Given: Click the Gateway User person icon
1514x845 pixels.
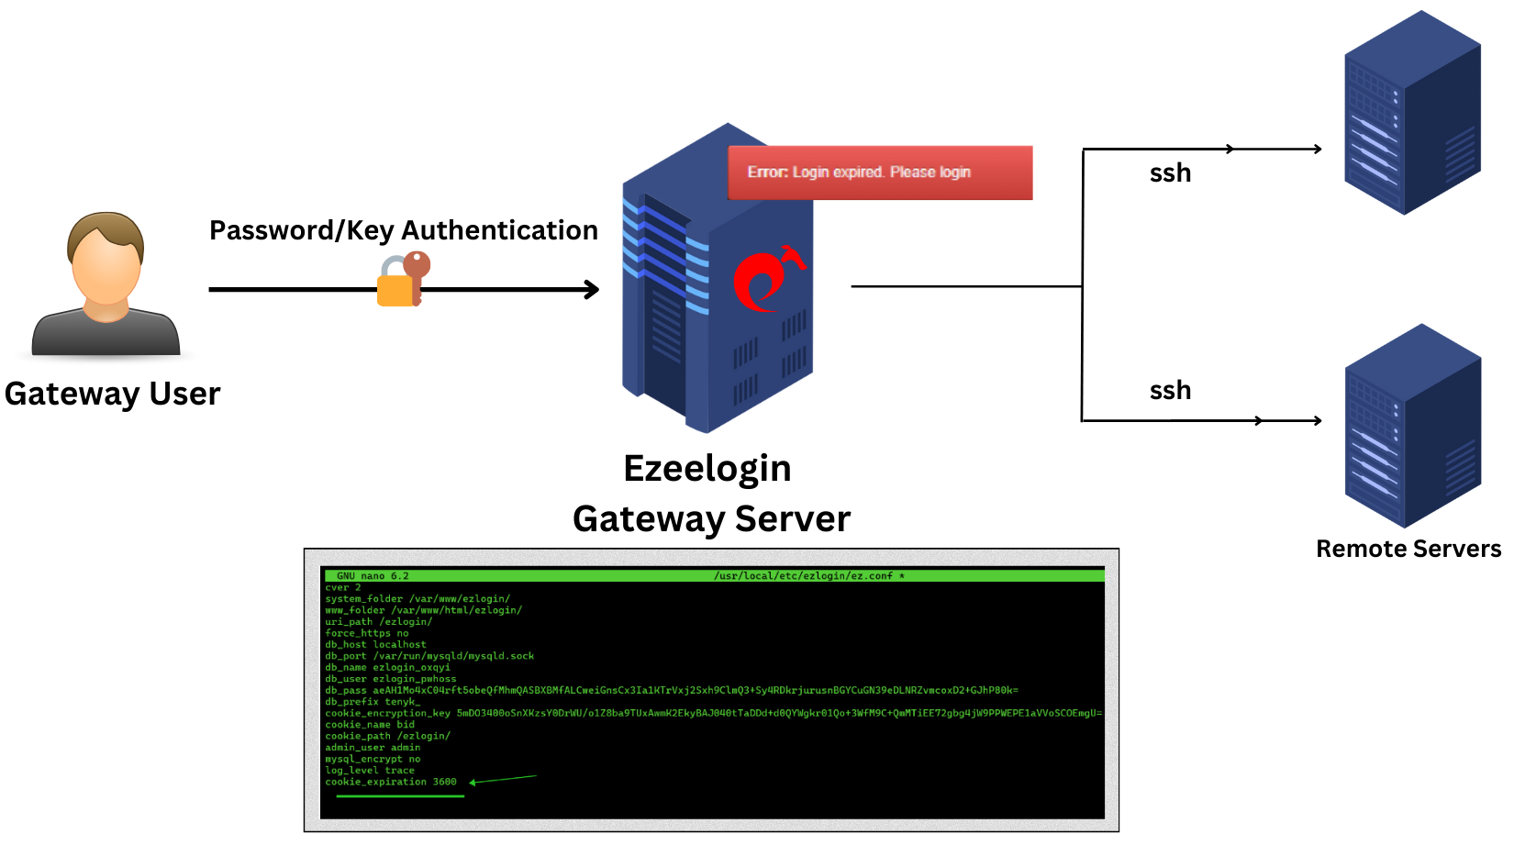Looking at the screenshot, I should tap(106, 284).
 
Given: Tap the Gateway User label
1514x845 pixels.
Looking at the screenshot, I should tap(112, 394).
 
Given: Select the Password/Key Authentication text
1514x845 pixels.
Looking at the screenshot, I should tap(403, 230).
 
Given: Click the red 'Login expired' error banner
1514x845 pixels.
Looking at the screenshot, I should tap(880, 172).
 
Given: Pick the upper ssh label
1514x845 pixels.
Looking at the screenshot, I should tap(1170, 173).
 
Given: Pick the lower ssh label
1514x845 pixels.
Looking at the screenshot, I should tap(1170, 391).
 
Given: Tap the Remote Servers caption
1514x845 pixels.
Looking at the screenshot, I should tap(1408, 549).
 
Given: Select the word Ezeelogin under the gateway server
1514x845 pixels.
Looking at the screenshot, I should tap(707, 469).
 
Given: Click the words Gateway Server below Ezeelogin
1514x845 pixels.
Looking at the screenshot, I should tap(711, 519).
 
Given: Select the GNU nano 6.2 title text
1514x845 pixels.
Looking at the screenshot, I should tap(373, 576).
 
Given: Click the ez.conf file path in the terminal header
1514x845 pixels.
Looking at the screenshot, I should tap(807, 576).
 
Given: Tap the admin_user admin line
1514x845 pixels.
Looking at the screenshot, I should tap(373, 748).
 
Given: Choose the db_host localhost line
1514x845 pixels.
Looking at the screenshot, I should tap(375, 645).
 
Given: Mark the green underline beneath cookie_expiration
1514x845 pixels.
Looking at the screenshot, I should tap(400, 796).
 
